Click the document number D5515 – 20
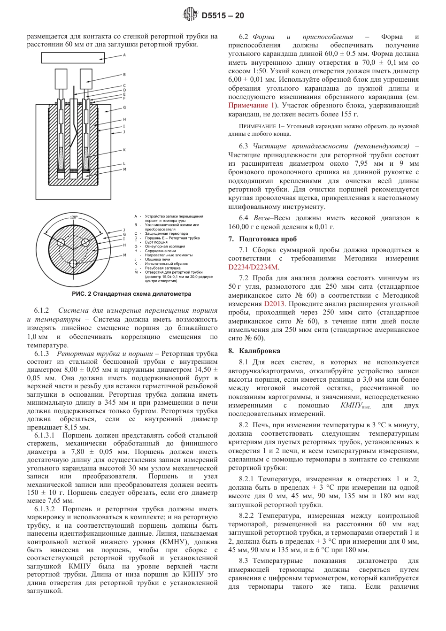223,16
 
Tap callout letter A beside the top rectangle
124,55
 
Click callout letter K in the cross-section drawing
124,150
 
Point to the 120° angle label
73,217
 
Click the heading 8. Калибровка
254,351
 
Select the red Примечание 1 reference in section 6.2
251,105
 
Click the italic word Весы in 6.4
261,218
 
